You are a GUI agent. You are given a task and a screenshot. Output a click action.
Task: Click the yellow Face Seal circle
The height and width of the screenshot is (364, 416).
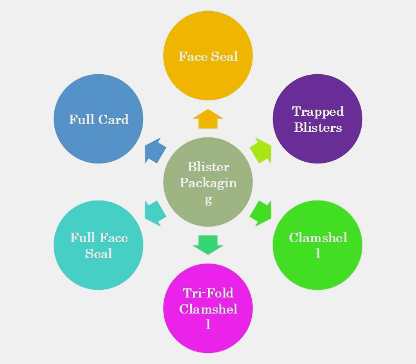[208, 55]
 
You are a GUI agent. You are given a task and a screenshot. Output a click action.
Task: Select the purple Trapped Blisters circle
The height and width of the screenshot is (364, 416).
[318, 119]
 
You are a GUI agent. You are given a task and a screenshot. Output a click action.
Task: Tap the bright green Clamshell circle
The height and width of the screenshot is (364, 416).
[318, 245]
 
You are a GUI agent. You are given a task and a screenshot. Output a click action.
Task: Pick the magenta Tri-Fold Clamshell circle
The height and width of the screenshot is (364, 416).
[208, 309]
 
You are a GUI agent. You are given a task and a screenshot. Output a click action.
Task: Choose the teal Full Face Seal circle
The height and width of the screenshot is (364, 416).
[99, 245]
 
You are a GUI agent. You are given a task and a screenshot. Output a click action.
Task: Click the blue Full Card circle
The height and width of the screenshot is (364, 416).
[99, 119]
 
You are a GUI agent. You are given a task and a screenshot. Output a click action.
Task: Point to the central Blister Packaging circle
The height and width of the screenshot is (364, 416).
[208, 182]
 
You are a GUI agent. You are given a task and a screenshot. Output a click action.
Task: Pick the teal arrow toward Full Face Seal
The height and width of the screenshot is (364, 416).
[155, 213]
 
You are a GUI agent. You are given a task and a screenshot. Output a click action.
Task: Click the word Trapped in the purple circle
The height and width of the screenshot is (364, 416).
[318, 111]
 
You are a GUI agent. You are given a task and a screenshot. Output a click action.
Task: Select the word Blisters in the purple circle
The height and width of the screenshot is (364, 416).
[318, 127]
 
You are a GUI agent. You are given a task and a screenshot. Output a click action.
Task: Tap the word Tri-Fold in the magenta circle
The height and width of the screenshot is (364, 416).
[208, 293]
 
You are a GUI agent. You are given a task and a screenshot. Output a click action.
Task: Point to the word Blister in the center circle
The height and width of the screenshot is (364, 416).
[208, 167]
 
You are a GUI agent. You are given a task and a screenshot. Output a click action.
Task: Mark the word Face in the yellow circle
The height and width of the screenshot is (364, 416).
[193, 56]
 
